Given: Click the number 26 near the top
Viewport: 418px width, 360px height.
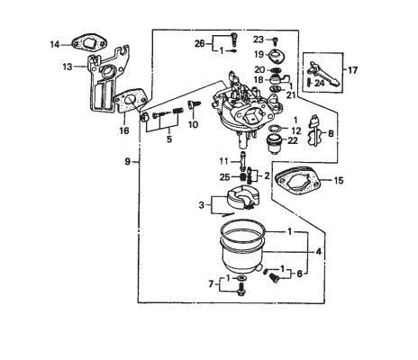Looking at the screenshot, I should pyautogui.click(x=199, y=43).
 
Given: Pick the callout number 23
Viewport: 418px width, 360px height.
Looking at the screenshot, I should pyautogui.click(x=259, y=40).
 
